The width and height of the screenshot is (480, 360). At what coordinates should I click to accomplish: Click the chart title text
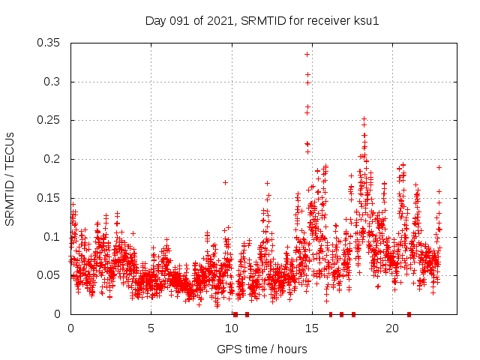[262, 20]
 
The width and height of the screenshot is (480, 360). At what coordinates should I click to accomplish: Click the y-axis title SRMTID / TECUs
[10, 178]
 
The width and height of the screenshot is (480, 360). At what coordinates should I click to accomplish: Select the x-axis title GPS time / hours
[262, 349]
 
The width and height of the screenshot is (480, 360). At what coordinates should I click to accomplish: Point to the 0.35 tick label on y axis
[50, 43]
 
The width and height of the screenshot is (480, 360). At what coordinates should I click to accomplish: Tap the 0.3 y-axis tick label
[53, 82]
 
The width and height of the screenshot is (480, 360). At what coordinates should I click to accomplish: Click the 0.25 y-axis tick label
[50, 120]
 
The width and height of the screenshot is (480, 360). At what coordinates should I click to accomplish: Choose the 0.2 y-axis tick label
[53, 159]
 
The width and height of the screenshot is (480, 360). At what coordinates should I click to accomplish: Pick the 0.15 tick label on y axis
[50, 198]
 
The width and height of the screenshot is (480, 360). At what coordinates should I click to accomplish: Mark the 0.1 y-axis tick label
[53, 237]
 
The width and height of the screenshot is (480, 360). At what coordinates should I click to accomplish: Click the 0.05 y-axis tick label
[50, 275]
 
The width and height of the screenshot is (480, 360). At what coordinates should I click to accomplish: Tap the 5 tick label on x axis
[151, 328]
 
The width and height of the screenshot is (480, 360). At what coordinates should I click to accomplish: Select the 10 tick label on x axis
[231, 328]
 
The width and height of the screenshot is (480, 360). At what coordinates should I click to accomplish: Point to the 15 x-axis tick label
[311, 328]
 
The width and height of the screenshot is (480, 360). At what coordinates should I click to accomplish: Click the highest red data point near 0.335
[307, 54]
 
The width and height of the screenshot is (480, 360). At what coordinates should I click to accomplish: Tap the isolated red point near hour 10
[225, 182]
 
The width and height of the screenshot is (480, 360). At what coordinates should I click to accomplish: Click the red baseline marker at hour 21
[409, 314]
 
